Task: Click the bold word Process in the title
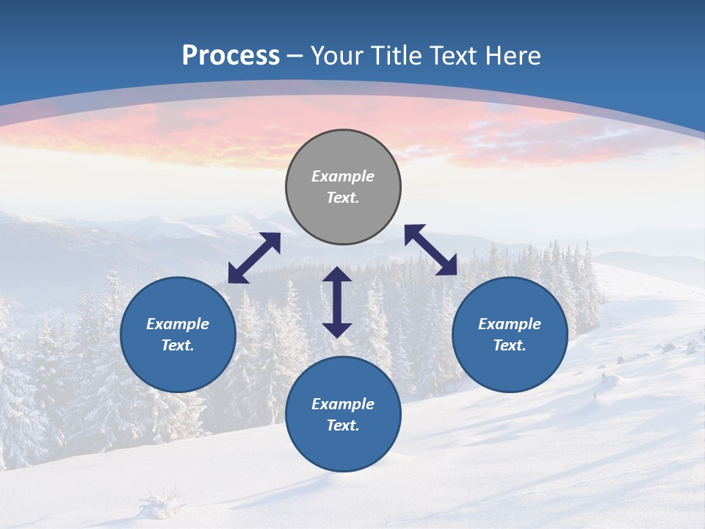click(x=231, y=56)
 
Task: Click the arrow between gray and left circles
click(x=254, y=258)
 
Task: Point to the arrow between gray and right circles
click(x=430, y=250)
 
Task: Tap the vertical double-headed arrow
click(x=337, y=302)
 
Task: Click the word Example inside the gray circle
click(x=343, y=176)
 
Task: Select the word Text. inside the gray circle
click(x=343, y=198)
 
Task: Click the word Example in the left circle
click(x=178, y=324)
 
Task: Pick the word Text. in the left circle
click(x=178, y=345)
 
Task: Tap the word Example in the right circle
click(x=510, y=324)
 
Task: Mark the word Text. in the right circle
click(x=510, y=345)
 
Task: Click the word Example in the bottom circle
click(x=343, y=404)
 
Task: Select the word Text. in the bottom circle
click(x=343, y=425)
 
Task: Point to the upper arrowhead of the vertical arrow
click(x=337, y=274)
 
